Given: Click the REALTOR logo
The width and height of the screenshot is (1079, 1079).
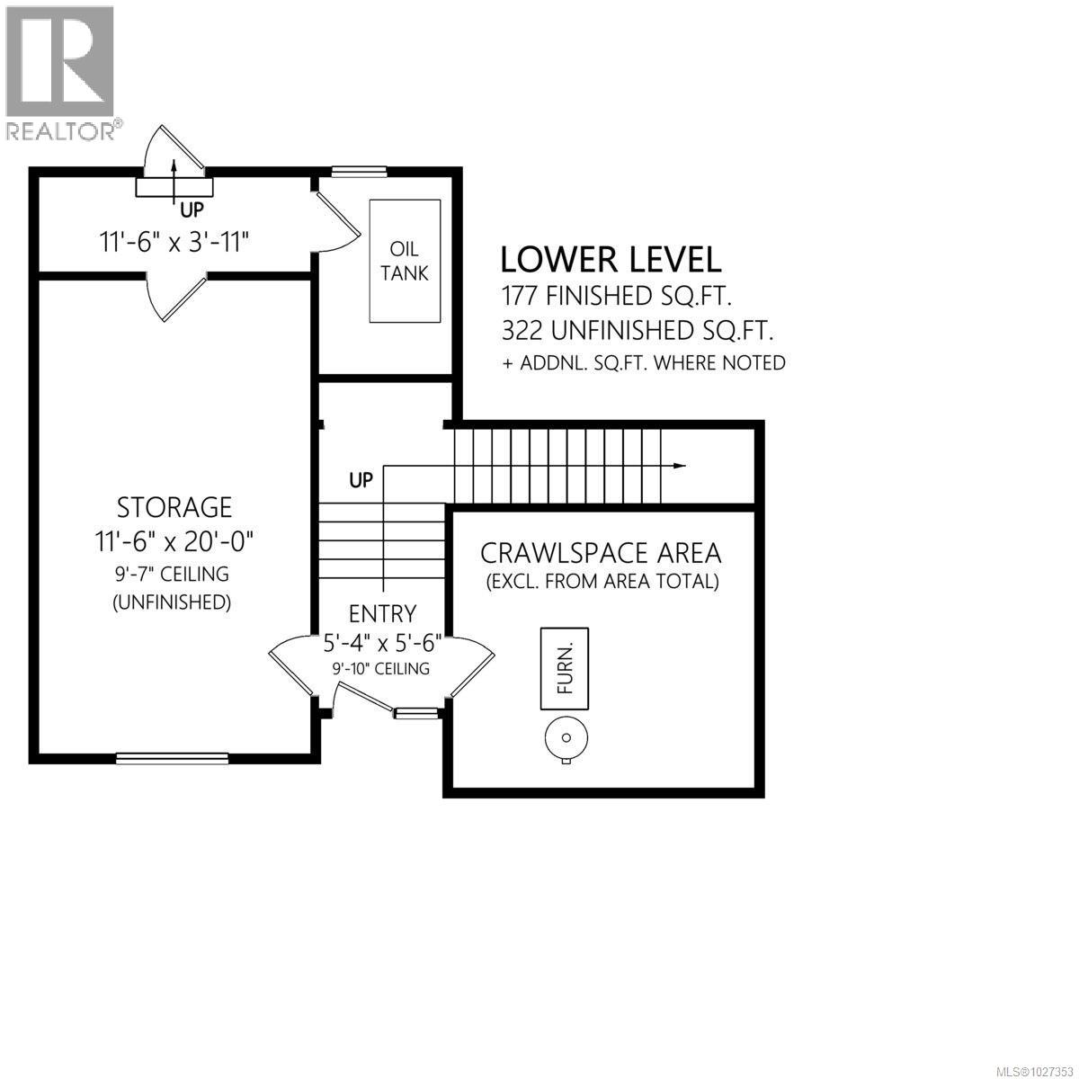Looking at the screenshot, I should pos(60,72).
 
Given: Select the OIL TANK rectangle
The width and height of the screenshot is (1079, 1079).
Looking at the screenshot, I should pos(405,261).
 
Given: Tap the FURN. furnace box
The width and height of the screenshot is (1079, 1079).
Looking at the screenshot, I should pos(565,668).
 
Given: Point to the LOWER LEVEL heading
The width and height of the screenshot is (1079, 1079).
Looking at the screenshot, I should pos(611,259).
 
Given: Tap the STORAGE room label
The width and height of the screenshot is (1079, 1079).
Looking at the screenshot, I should pos(174,507).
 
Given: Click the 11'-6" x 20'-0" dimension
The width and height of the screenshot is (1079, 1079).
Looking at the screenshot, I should pos(176,541).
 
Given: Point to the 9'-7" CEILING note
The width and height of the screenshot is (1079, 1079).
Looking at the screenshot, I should pos(171,574).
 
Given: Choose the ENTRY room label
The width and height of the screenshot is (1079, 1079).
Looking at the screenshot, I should pos(382,613).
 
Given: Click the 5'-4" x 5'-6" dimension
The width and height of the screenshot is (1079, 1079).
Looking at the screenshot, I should pos(382,644).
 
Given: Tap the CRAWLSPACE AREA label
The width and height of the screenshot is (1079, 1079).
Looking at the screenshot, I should pos(601,551).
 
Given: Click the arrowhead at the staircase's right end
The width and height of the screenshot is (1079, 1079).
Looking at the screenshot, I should pos(680,466).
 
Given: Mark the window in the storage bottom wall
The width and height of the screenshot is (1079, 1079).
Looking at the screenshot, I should pos(171,758).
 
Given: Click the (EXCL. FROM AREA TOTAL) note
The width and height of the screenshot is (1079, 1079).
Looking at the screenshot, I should pos(602,582).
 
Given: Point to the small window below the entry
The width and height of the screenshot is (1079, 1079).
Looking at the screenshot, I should pos(415,713).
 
